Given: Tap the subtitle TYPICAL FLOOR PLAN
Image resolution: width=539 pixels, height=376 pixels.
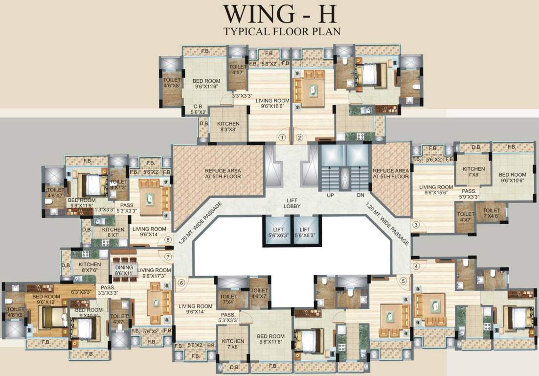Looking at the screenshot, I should pyautogui.click(x=282, y=32).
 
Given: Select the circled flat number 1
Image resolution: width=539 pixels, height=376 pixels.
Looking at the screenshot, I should pyautogui.click(x=282, y=138).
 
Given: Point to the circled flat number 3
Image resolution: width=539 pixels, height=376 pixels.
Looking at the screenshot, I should pyautogui.click(x=416, y=225).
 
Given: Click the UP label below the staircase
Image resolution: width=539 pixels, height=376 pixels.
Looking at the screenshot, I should pyautogui.click(x=330, y=195).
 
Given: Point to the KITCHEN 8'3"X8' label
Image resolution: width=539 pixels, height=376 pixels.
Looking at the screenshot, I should pyautogui.click(x=228, y=127).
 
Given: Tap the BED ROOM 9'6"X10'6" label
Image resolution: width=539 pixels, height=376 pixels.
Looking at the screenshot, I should pyautogui.click(x=512, y=178).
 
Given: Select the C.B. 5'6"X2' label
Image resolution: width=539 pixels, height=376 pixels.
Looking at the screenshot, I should pyautogui.click(x=198, y=108).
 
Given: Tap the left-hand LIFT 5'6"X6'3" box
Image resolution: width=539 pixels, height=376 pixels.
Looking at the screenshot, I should pyautogui.click(x=277, y=232).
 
